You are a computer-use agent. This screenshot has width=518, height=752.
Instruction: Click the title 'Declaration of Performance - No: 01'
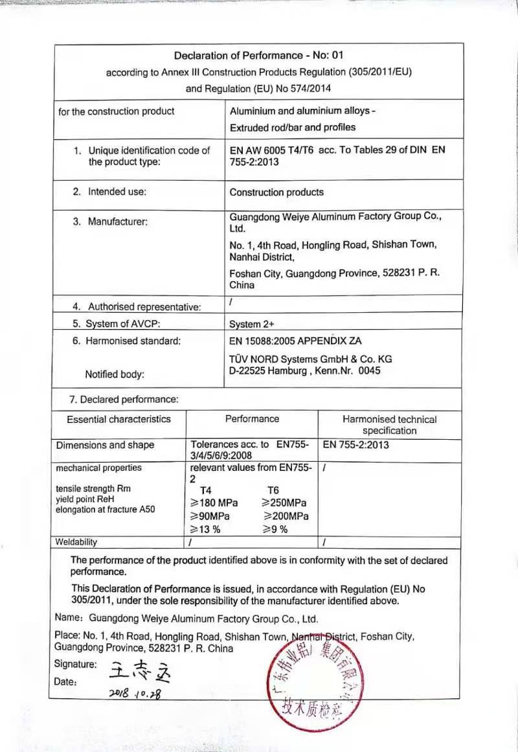coord(258,56)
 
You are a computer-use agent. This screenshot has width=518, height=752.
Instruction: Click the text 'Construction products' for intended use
coord(276,192)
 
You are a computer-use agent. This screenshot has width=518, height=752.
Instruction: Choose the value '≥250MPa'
coord(284,503)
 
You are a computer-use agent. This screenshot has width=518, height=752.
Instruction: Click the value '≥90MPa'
coord(210,516)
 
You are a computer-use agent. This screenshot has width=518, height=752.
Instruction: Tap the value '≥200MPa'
coord(286,516)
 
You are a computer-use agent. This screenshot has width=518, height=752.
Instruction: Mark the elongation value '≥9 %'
coord(275,529)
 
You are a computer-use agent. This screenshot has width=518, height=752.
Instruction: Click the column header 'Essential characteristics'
coord(118,419)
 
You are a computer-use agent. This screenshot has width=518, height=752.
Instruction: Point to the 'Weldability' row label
coord(76,541)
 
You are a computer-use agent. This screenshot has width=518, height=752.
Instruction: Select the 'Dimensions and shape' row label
coord(106,445)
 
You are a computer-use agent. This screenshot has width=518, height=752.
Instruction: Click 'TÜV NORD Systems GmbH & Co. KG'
coord(311,359)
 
